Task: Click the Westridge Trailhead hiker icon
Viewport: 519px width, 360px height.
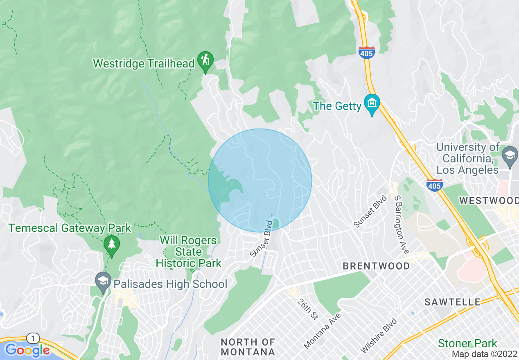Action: click(x=205, y=61)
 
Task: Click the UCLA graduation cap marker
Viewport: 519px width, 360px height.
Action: click(x=510, y=155)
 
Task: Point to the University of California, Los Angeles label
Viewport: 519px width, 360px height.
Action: click(x=468, y=158)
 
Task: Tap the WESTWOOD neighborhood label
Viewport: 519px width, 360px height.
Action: click(x=489, y=200)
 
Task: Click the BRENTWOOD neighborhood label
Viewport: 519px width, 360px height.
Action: click(x=376, y=266)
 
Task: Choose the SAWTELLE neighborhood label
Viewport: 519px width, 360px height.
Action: click(x=452, y=302)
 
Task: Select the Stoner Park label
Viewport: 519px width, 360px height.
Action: click(x=467, y=343)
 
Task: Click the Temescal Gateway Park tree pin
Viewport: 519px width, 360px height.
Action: click(x=111, y=244)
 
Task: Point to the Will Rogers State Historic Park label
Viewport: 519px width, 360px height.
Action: click(x=188, y=252)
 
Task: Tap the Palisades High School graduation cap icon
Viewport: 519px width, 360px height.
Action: click(x=103, y=281)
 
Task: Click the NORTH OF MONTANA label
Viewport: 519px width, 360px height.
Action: click(x=248, y=346)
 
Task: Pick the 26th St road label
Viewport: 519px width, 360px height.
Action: click(x=308, y=309)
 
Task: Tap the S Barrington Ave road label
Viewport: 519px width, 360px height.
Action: click(x=402, y=224)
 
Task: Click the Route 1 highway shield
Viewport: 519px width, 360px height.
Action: click(x=33, y=338)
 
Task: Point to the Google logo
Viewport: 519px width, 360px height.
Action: click(x=27, y=350)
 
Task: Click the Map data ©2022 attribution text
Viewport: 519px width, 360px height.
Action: click(x=484, y=354)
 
